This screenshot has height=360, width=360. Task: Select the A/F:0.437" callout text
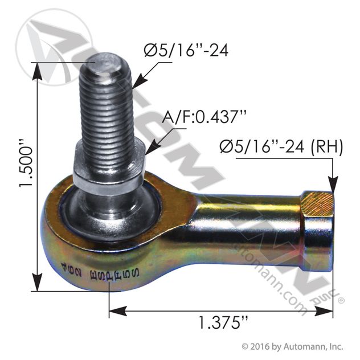click(204, 117)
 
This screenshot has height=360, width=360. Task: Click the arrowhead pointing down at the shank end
click(333, 186)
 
